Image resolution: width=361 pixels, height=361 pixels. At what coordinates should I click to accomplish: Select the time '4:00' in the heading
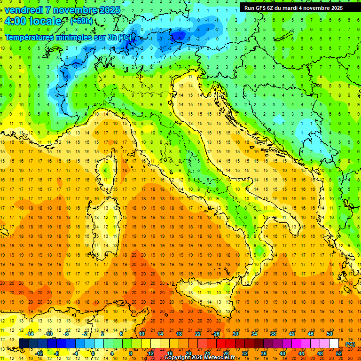(16, 21)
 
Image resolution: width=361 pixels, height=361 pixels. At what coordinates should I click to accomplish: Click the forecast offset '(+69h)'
(81, 21)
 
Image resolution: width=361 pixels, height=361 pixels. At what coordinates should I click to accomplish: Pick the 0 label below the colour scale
(93, 353)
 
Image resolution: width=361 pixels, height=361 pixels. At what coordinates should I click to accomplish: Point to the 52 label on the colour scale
(339, 353)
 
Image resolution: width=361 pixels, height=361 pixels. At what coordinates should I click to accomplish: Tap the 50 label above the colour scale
(330, 334)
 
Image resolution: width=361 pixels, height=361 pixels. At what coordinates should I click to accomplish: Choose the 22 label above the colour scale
(198, 334)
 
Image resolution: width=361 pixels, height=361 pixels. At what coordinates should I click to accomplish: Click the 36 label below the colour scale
(263, 353)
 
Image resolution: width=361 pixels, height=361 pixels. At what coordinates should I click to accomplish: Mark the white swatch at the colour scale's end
(334, 344)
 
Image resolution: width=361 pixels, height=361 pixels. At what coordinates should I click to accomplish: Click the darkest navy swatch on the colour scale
(24, 344)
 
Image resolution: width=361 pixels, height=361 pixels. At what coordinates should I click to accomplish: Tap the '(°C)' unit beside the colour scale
(350, 344)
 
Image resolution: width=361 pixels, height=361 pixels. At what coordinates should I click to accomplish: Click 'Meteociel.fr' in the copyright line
(223, 358)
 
